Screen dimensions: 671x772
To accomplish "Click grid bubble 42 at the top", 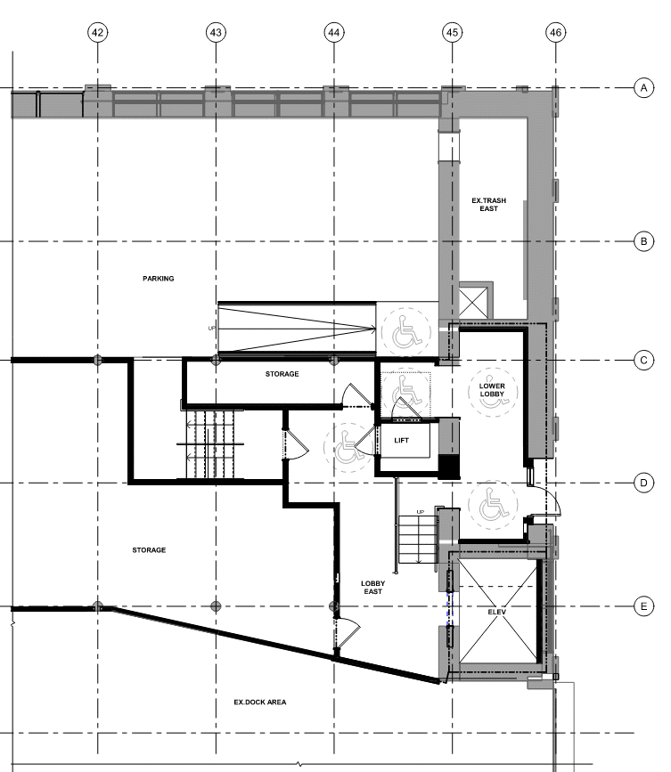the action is tap(97, 32).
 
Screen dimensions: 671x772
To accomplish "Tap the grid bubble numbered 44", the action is tap(334, 32).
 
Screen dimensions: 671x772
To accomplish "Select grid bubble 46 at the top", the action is tap(556, 32).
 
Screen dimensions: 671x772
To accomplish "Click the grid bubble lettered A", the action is tap(643, 88).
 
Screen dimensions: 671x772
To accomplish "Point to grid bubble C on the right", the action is tap(643, 361).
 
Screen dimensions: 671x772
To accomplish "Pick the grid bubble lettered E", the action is tap(643, 606).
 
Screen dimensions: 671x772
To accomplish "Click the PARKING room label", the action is tap(158, 279).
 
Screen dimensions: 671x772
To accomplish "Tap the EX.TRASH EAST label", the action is tap(488, 204).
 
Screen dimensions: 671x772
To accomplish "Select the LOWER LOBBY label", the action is tap(492, 390).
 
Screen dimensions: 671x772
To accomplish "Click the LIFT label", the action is tap(402, 441).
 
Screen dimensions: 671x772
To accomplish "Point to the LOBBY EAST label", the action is tap(373, 588).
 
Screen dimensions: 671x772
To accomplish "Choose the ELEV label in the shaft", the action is tap(497, 612).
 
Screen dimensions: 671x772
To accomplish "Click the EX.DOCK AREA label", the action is tap(260, 702).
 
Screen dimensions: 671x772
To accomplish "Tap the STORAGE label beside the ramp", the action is tap(282, 374).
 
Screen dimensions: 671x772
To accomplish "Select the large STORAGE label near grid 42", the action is tap(149, 550).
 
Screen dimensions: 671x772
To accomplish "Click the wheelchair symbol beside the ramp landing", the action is tap(407, 331).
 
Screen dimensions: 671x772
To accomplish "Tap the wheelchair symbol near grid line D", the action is tap(493, 504).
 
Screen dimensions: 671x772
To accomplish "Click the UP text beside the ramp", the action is tap(212, 329).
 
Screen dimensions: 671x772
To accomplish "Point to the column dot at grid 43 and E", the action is tap(216, 606).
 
